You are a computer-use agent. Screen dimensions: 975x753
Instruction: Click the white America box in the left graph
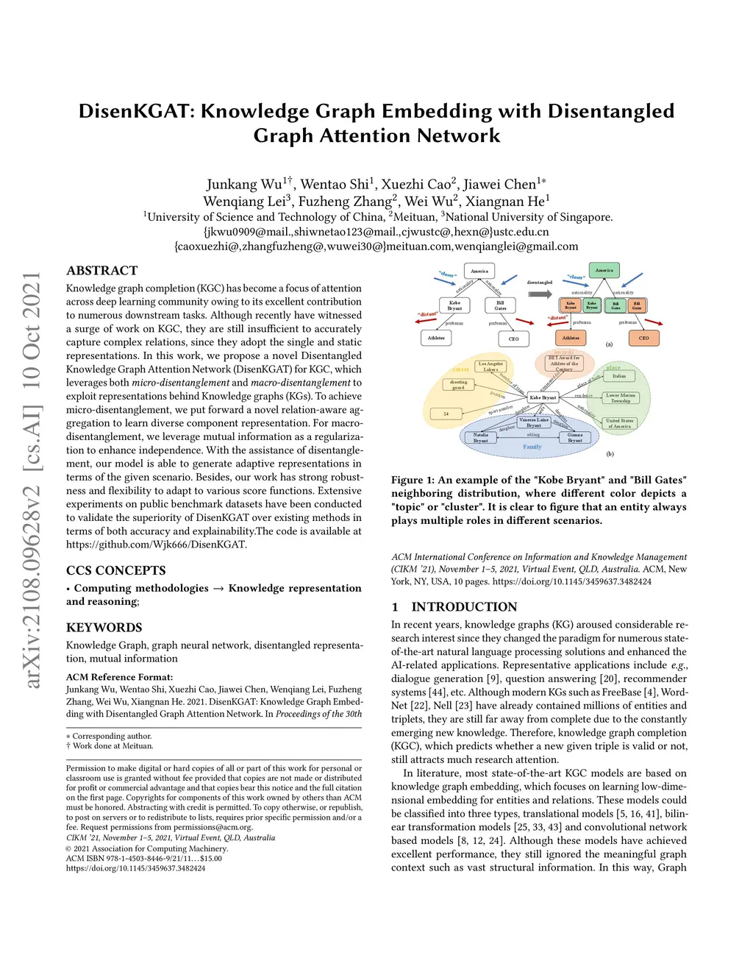pyautogui.click(x=479, y=272)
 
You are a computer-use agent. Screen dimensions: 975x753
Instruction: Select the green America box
pyautogui.click(x=604, y=271)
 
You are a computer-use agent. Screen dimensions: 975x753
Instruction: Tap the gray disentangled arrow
pyautogui.click(x=540, y=294)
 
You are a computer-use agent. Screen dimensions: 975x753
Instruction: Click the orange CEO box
pyautogui.click(x=643, y=338)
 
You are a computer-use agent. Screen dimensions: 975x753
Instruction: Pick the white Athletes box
pyautogui.click(x=436, y=338)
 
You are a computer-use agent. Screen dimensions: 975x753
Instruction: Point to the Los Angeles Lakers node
pyautogui.click(x=490, y=366)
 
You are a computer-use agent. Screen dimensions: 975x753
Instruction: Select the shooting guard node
pyautogui.click(x=458, y=385)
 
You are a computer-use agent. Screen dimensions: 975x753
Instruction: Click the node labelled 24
pyautogui.click(x=446, y=414)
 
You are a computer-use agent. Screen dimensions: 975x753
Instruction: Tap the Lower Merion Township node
pyautogui.click(x=620, y=398)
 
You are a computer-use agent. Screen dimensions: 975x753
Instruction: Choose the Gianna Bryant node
pyautogui.click(x=575, y=438)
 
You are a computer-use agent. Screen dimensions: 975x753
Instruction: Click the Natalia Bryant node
pyautogui.click(x=480, y=438)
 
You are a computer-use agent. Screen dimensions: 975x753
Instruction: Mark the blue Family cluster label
pyautogui.click(x=532, y=447)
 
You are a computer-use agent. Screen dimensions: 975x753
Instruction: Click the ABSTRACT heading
pyautogui.click(x=101, y=271)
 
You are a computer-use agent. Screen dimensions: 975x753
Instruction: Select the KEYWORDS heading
pyautogui.click(x=104, y=628)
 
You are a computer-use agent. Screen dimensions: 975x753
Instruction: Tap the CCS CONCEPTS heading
pyautogui.click(x=115, y=571)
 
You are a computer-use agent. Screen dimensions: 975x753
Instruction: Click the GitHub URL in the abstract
pyautogui.click(x=156, y=545)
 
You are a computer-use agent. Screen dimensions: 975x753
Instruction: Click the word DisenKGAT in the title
pyautogui.click(x=136, y=111)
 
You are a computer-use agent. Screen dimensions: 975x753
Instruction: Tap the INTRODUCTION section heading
pyautogui.click(x=463, y=607)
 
